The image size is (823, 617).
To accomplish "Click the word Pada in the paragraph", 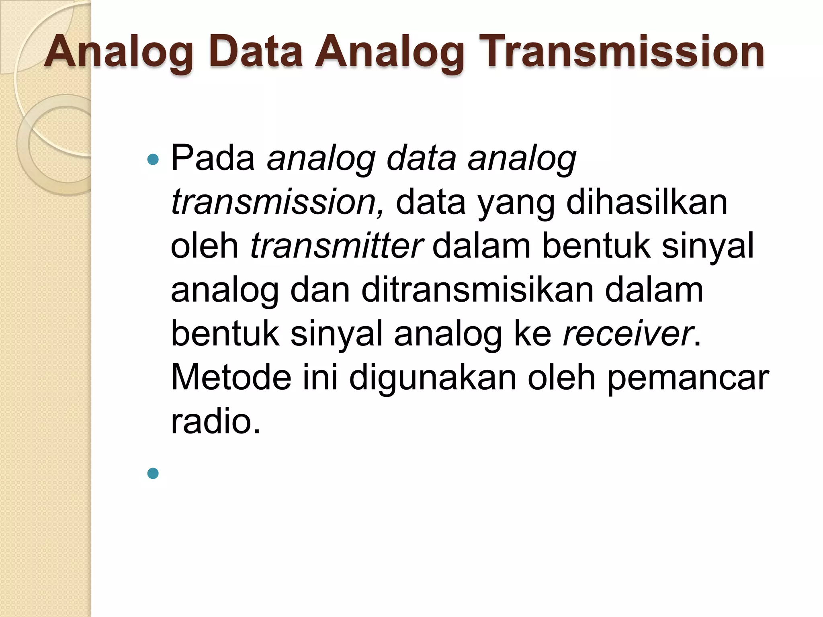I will (213, 158).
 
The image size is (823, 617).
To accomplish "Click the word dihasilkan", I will (647, 202).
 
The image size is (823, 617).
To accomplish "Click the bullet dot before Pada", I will (153, 160).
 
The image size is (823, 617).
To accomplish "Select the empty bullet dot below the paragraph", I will (153, 474).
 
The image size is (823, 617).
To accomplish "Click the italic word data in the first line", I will (421, 158).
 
